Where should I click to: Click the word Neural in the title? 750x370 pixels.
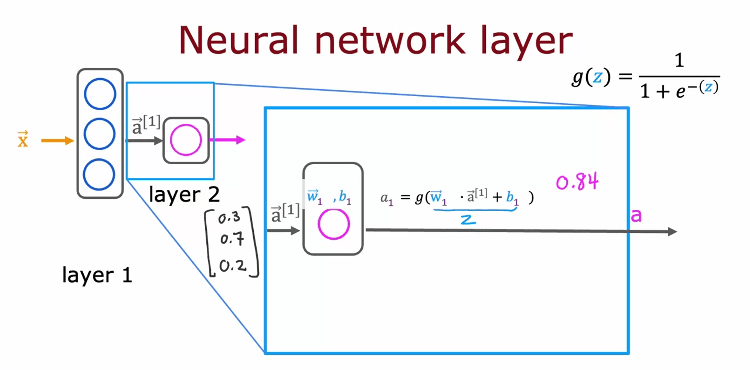[x=238, y=40]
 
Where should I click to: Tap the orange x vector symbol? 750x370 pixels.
[x=23, y=140]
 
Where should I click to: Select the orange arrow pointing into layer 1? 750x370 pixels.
[x=57, y=140]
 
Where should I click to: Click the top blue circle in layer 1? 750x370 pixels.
[x=100, y=94]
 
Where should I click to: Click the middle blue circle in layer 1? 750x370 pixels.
[x=100, y=134]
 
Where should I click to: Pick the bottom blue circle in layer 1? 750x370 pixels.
[x=99, y=174]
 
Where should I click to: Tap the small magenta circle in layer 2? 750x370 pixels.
[x=186, y=140]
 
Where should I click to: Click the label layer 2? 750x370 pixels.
[x=184, y=194]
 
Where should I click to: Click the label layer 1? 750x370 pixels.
[x=97, y=275]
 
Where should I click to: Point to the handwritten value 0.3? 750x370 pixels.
[x=229, y=217]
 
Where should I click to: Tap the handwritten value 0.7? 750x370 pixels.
[x=232, y=238]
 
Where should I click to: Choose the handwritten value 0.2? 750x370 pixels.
[x=233, y=266]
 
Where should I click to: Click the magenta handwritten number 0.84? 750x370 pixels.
[x=577, y=182]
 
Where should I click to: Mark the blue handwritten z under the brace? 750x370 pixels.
[x=468, y=220]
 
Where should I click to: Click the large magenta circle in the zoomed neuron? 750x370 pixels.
[x=333, y=224]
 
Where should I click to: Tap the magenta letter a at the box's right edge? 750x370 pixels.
[x=636, y=216]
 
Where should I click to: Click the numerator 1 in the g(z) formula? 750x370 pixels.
[x=679, y=61]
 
